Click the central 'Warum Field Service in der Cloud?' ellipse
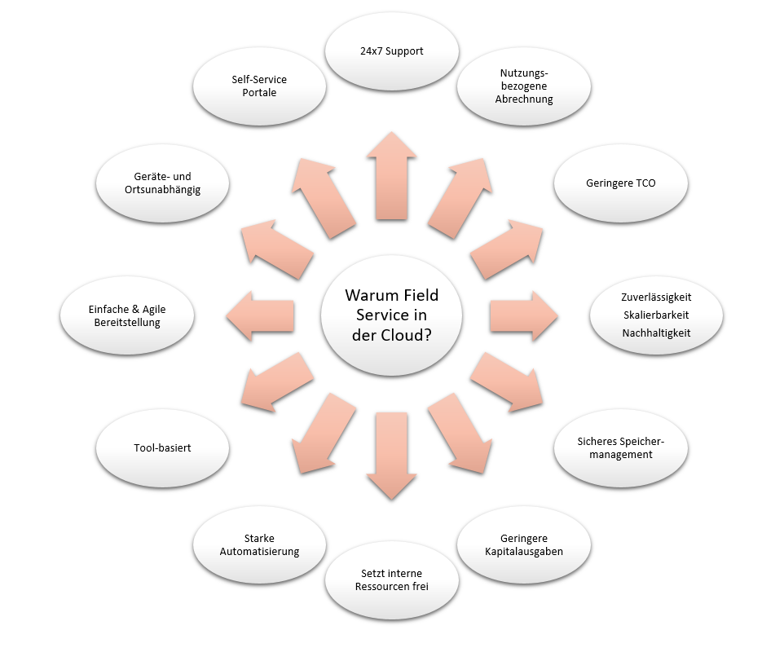pos(391,315)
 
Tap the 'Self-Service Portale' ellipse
pos(259,86)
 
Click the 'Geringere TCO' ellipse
pos(621,183)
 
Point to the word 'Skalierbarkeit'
pos(656,315)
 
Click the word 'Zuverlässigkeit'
pos(656,297)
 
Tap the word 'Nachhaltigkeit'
pos(656,333)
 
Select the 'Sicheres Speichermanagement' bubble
pos(621,447)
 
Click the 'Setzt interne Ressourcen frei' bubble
pos(392,579)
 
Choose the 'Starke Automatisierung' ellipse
pos(259,544)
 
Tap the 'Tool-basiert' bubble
pos(162,447)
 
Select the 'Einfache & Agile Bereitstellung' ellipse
pos(127,315)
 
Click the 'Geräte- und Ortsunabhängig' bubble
pos(162,183)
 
